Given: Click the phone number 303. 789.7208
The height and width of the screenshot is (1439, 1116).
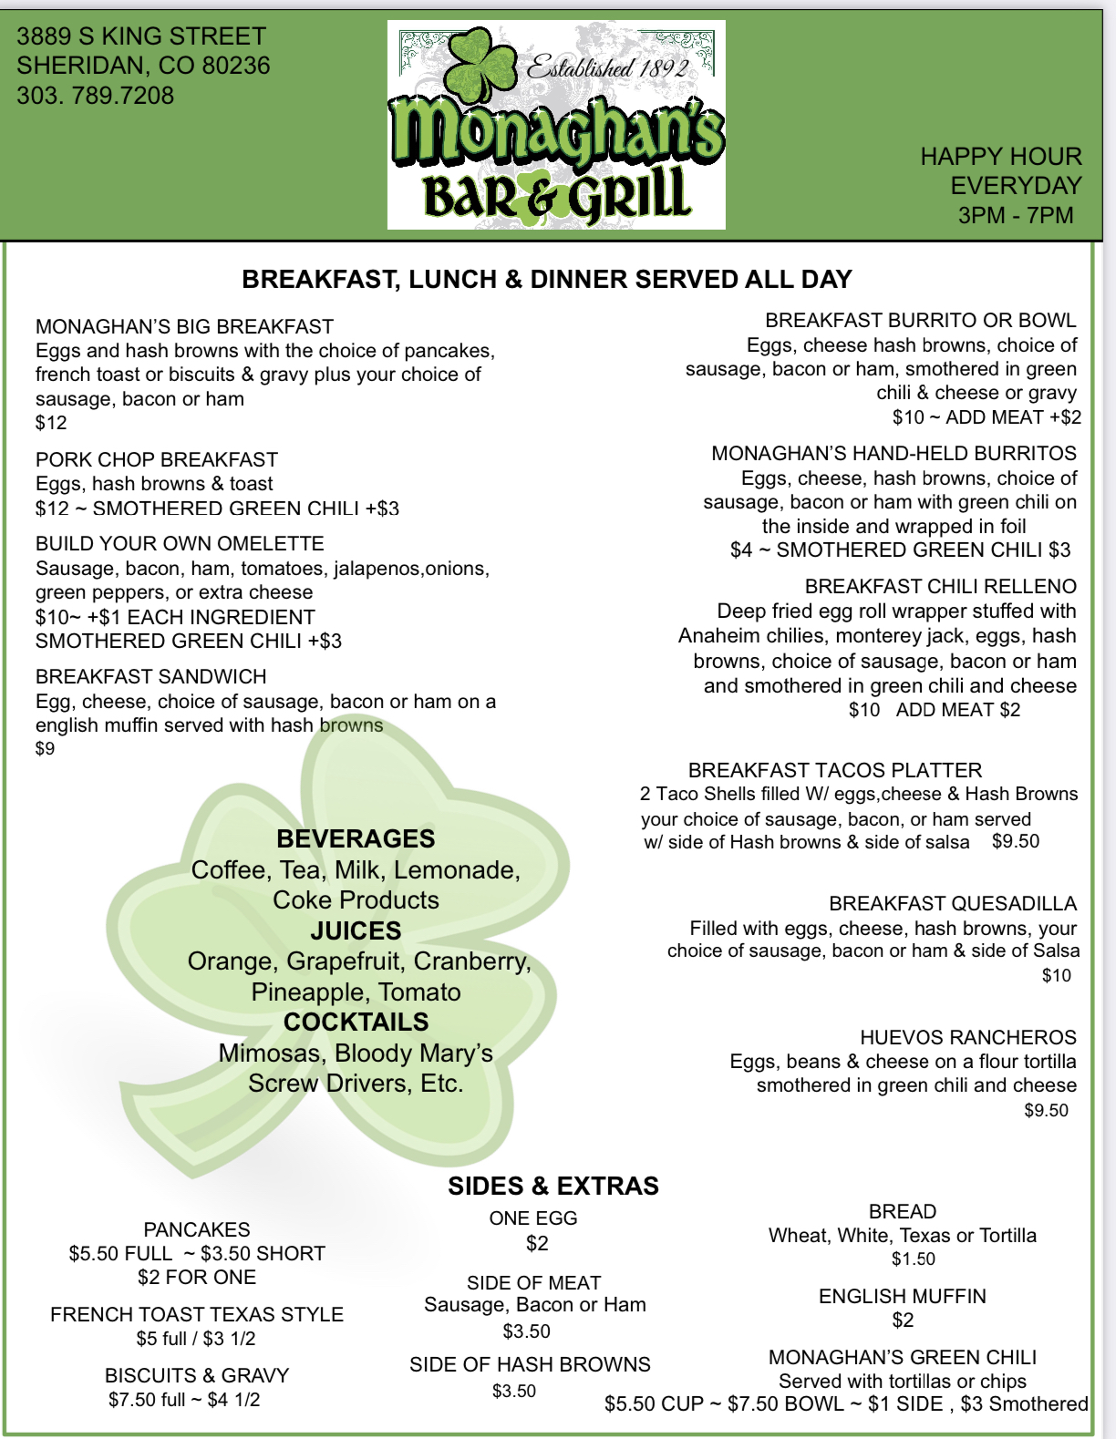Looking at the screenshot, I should tap(95, 96).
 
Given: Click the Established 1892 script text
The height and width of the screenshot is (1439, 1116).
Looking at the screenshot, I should tap(607, 67).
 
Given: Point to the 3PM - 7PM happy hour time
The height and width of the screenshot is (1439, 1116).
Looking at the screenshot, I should tap(1016, 215).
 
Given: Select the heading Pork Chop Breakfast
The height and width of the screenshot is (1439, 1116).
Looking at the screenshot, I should tap(157, 459).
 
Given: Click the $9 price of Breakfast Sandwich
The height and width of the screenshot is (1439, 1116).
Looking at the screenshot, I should tap(45, 749).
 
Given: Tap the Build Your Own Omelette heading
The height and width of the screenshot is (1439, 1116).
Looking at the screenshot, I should tap(180, 544).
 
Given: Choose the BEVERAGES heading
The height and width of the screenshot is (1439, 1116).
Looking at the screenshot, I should tap(356, 838).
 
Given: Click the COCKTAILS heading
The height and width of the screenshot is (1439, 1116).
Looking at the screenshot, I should tap(356, 1022).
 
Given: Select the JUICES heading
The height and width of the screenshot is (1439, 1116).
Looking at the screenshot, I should tap(356, 930).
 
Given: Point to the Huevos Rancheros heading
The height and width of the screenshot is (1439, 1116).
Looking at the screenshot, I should tap(967, 1037).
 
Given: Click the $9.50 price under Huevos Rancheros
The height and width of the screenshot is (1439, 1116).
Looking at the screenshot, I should tap(1046, 1110).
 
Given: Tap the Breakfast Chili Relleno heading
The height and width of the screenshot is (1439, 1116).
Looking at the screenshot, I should tap(940, 586).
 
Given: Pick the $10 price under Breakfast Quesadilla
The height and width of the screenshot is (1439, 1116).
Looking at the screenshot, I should tap(1057, 975).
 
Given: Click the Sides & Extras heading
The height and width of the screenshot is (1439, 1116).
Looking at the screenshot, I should tap(553, 1186).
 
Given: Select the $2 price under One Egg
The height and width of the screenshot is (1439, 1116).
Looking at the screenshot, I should tap(537, 1243).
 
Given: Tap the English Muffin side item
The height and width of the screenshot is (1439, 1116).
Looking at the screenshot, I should tap(902, 1296).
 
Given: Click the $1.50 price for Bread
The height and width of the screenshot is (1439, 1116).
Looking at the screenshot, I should tap(914, 1259).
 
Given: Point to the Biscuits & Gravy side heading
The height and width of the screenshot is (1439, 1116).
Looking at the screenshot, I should tap(197, 1375).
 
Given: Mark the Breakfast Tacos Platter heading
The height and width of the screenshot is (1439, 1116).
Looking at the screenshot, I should tap(835, 770).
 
